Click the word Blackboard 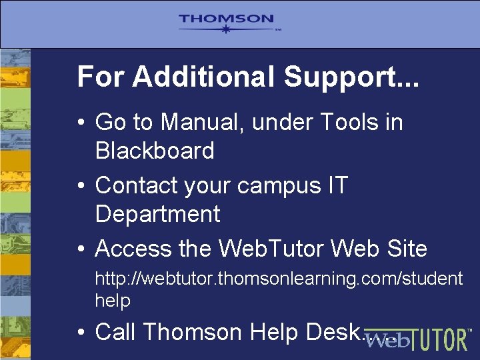[155, 151]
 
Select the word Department [157, 214]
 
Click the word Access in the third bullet [133, 249]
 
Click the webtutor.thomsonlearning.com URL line [278, 278]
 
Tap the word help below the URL [113, 301]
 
